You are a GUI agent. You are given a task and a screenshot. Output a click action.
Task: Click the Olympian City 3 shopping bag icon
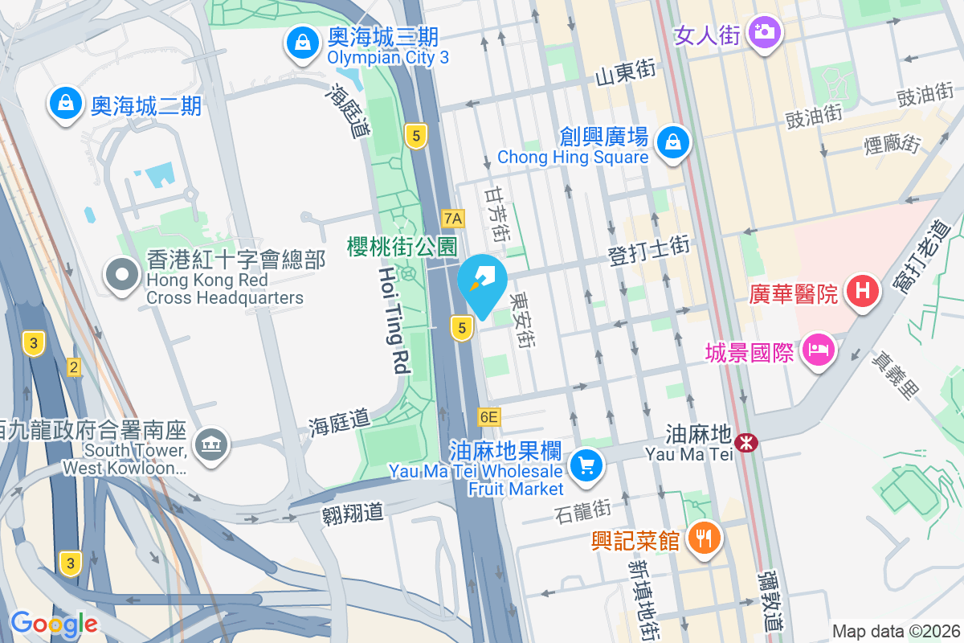pos(303,45)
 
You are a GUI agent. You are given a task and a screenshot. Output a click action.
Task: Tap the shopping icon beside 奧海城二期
pos(66,103)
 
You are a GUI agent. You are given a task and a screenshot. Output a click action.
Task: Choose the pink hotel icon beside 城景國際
pos(817,350)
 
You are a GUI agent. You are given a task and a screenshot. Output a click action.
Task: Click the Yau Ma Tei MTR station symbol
pos(747,441)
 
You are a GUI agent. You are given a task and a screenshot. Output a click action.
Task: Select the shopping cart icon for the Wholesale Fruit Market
pos(586,465)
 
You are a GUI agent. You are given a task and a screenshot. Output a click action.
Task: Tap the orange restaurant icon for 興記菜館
pos(705,538)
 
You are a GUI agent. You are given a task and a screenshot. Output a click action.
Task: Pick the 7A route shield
pos(453,218)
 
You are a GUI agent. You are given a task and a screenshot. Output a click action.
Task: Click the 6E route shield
pos(488,416)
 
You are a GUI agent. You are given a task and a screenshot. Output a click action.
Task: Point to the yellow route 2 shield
pos(74,367)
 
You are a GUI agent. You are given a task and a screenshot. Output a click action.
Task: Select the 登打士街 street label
pos(647,250)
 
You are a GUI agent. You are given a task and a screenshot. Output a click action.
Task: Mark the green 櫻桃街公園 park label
pos(402,246)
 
